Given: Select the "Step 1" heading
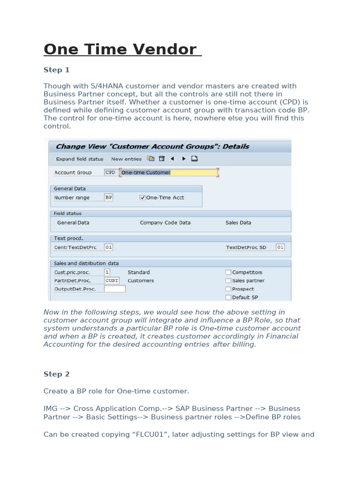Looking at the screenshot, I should tap(56, 70).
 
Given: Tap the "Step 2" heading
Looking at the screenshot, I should tap(56, 374).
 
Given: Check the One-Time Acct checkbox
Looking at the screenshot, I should tap(142, 198).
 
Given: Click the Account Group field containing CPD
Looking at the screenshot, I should tap(110, 172).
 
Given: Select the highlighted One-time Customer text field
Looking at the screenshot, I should tap(168, 172).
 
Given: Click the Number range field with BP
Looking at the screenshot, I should tap(109, 198).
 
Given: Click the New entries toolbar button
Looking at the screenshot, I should tap(126, 159).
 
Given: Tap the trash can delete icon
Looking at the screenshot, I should tap(162, 159).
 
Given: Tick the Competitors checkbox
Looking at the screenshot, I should tap(228, 272).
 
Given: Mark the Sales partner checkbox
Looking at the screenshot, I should tap(228, 281).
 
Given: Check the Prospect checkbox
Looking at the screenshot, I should tap(228, 289).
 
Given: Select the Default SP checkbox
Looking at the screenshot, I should tap(228, 298).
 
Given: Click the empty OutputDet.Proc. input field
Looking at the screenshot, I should tap(115, 289).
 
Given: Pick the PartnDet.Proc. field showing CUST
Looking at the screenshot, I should tap(112, 281).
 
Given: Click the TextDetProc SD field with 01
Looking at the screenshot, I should tap(280, 247).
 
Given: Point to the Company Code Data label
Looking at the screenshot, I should tap(165, 223).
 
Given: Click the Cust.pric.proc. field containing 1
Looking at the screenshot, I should tap(107, 272).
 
